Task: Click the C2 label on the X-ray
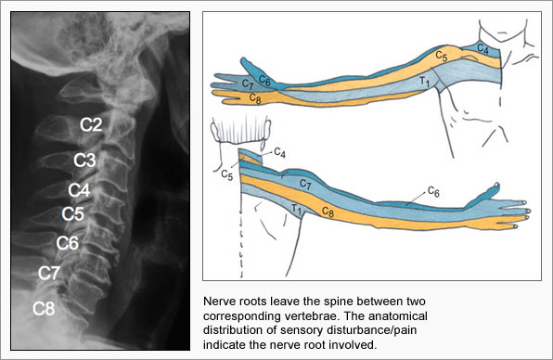pyautogui.click(x=91, y=124)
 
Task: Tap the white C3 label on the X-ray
pyautogui.click(x=84, y=160)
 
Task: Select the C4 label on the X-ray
pyautogui.click(x=79, y=191)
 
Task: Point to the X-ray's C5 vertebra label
pyautogui.click(x=73, y=214)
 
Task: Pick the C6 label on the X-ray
pyautogui.click(x=67, y=244)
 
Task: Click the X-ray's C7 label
pyautogui.click(x=49, y=274)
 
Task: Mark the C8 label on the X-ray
pyautogui.click(x=44, y=308)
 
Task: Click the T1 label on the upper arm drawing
pyautogui.click(x=423, y=82)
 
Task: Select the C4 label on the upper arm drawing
pyautogui.click(x=482, y=47)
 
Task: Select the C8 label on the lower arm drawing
pyautogui.click(x=328, y=212)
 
